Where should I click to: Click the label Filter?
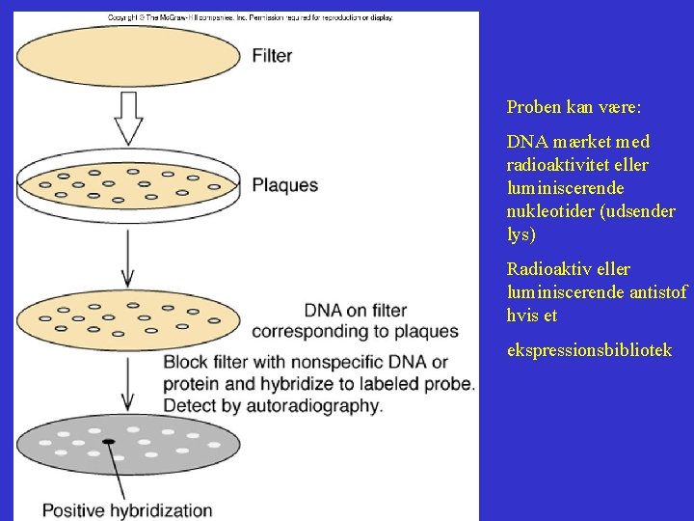click(x=272, y=55)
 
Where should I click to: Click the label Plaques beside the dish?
click(x=284, y=184)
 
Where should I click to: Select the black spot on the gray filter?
click(x=109, y=442)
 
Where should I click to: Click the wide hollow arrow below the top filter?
click(x=128, y=118)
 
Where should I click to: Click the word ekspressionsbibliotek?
click(x=589, y=350)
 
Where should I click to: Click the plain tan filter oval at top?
click(x=128, y=56)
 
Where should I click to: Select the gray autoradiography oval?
click(x=128, y=450)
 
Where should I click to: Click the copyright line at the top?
click(x=249, y=17)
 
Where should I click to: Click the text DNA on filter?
click(x=355, y=311)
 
